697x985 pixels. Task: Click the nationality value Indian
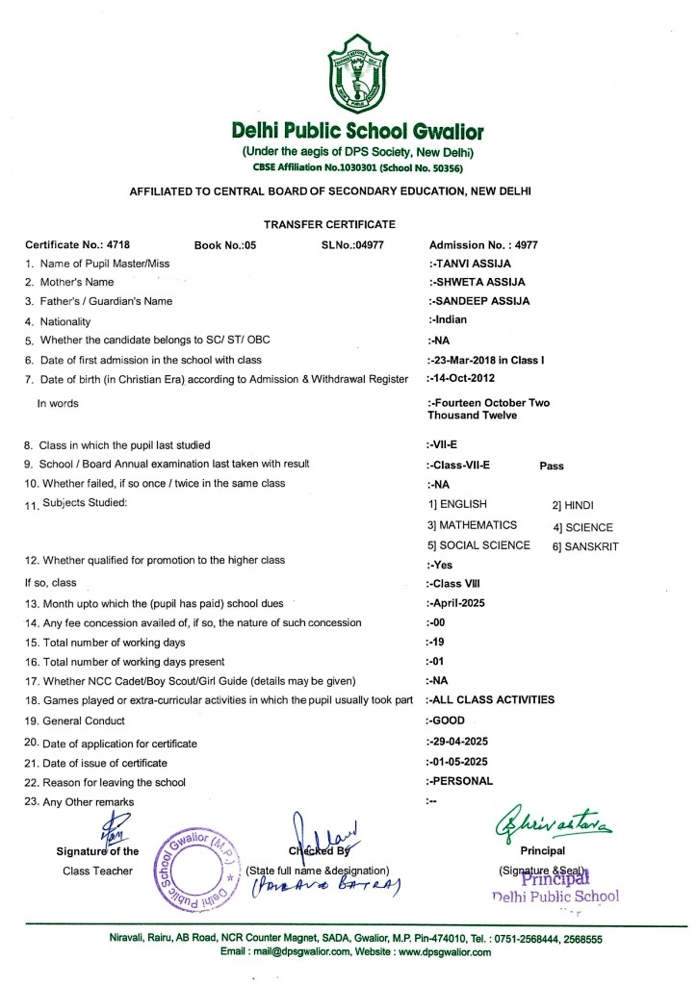[x=451, y=320]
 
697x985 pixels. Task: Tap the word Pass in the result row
[x=552, y=465]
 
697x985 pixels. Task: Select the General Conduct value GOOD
[x=448, y=720]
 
